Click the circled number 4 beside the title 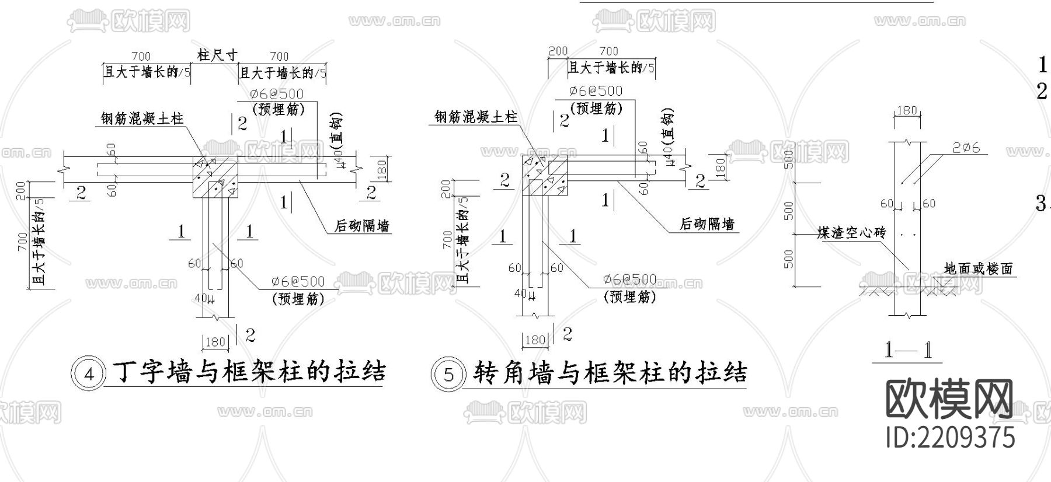(x=89, y=374)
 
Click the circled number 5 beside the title (x=448, y=374)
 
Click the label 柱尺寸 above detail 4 (x=217, y=55)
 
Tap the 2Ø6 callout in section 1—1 (x=966, y=148)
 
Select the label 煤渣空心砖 (x=851, y=233)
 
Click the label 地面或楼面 (x=978, y=268)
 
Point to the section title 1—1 (x=907, y=350)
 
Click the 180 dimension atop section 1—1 (x=906, y=110)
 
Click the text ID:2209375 (x=950, y=438)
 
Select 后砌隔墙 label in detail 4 (x=361, y=226)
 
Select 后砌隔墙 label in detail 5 (x=707, y=224)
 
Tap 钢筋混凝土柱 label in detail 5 (x=476, y=117)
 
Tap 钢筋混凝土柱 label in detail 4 (x=142, y=119)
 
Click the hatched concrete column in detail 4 (x=215, y=177)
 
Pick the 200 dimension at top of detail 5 (x=558, y=51)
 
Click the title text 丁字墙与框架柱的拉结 (x=248, y=372)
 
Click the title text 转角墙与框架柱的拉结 (x=610, y=372)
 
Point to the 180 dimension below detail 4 (x=215, y=341)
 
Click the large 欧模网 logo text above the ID (x=949, y=399)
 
